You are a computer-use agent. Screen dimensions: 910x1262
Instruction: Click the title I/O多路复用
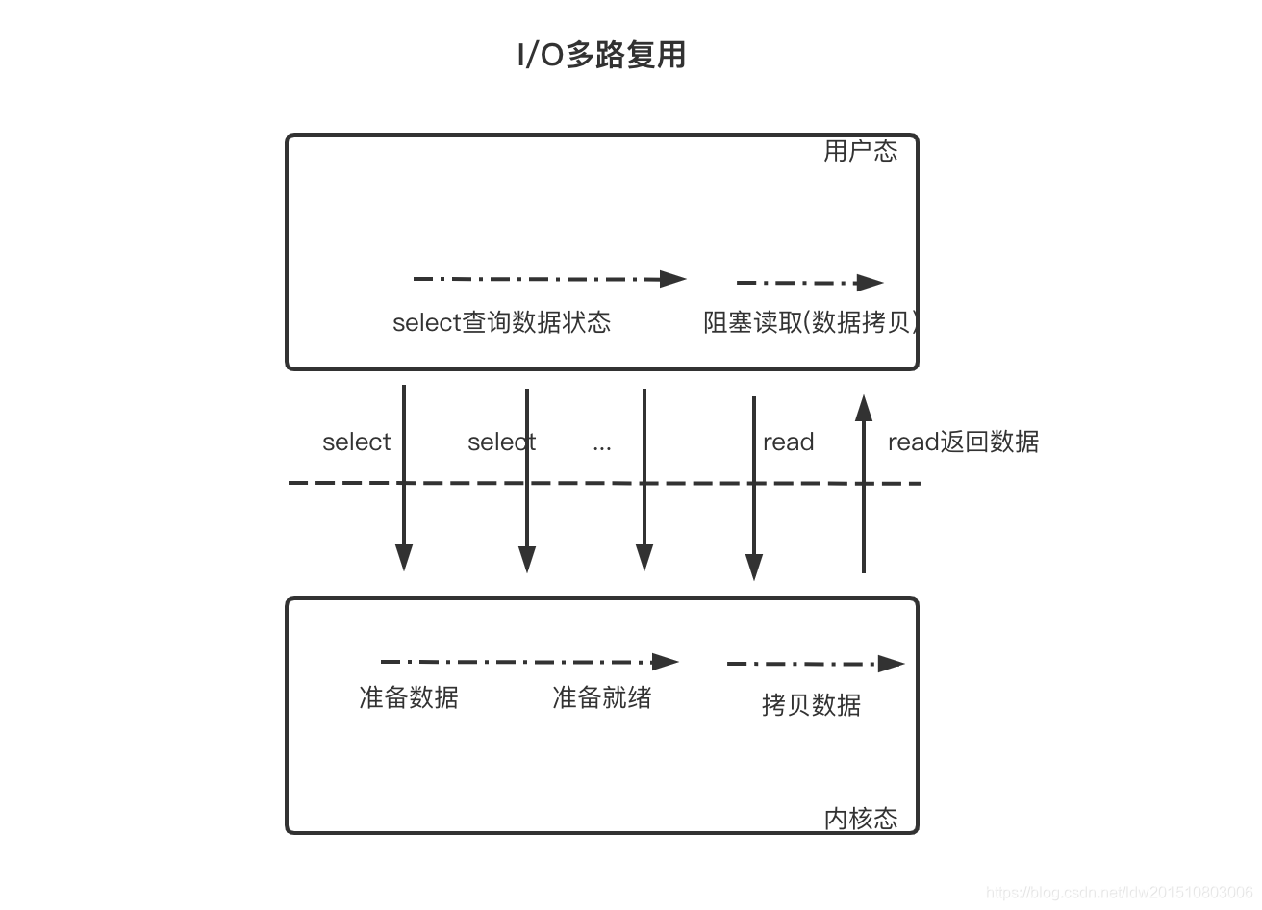[x=601, y=55]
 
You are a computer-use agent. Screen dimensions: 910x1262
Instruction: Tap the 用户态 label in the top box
[x=860, y=151]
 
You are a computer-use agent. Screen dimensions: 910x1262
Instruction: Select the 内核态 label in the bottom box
[x=860, y=818]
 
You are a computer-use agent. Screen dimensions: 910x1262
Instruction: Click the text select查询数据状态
[x=501, y=322]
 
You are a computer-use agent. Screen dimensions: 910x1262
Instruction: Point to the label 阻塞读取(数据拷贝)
[x=810, y=322]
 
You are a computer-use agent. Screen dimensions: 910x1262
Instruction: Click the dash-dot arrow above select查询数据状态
[x=548, y=279]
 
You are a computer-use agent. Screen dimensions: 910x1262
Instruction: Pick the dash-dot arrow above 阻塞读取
[x=809, y=283]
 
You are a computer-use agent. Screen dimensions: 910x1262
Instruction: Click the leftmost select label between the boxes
[x=356, y=442]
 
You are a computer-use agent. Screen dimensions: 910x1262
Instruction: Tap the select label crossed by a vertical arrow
[x=501, y=442]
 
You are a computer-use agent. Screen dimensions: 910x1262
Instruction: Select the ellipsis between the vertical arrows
[x=602, y=445]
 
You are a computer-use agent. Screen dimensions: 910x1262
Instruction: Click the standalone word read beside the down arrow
[x=788, y=442]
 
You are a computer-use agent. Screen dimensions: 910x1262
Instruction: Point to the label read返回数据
[x=963, y=442]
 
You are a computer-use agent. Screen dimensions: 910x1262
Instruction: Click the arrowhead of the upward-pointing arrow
[x=864, y=407]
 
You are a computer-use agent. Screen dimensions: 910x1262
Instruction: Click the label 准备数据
[x=408, y=697]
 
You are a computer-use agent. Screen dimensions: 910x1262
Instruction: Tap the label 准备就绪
[x=601, y=697]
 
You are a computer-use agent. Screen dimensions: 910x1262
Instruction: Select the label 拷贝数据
[x=811, y=705]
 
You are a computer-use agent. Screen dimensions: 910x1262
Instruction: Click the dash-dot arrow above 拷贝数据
[x=815, y=664]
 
